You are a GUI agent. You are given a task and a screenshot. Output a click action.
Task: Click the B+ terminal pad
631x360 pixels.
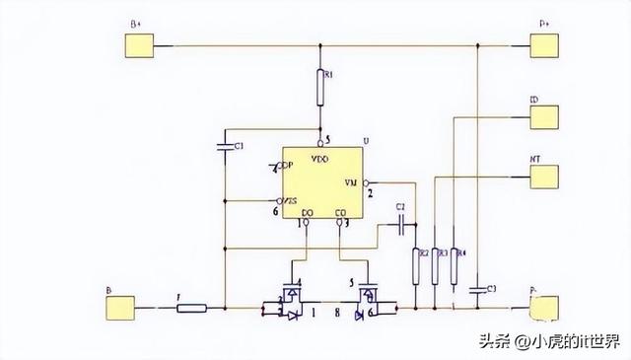point(140,45)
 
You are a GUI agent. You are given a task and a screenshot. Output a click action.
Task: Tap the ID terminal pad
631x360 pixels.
point(545,115)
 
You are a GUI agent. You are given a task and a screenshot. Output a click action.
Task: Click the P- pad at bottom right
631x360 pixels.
point(545,308)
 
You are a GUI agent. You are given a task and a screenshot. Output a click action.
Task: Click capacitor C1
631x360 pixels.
point(226,147)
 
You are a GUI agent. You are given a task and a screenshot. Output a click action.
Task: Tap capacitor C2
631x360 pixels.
point(400,226)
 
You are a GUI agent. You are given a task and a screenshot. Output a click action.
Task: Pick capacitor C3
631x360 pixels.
point(477,289)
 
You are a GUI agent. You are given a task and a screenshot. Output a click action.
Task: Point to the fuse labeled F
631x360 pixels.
point(191,308)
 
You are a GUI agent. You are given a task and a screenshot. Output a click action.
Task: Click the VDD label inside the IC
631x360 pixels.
point(319,158)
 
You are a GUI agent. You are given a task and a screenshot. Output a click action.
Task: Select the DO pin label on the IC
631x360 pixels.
point(307,211)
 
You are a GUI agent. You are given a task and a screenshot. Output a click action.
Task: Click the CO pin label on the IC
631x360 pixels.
point(340,211)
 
